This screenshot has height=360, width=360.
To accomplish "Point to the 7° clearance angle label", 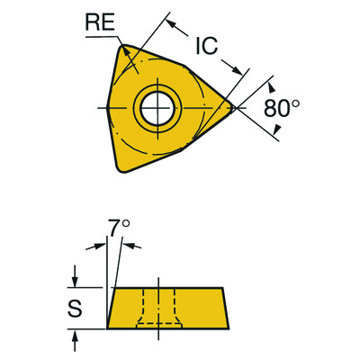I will (x=115, y=225).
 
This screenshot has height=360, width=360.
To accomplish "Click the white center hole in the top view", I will (x=156, y=108).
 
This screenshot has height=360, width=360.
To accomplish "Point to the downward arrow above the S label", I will (x=76, y=280).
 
